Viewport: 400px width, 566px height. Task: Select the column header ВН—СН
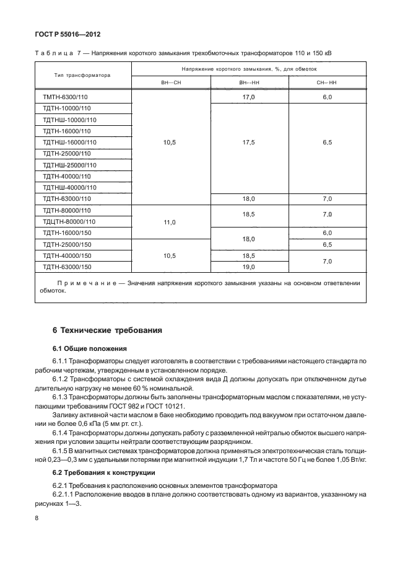click(171, 82)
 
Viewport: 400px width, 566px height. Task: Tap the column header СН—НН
click(328, 82)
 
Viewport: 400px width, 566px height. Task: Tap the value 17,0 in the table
click(249, 98)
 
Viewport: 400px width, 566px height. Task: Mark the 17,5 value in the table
click(249, 142)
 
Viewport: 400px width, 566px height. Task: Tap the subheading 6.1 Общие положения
click(89, 348)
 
